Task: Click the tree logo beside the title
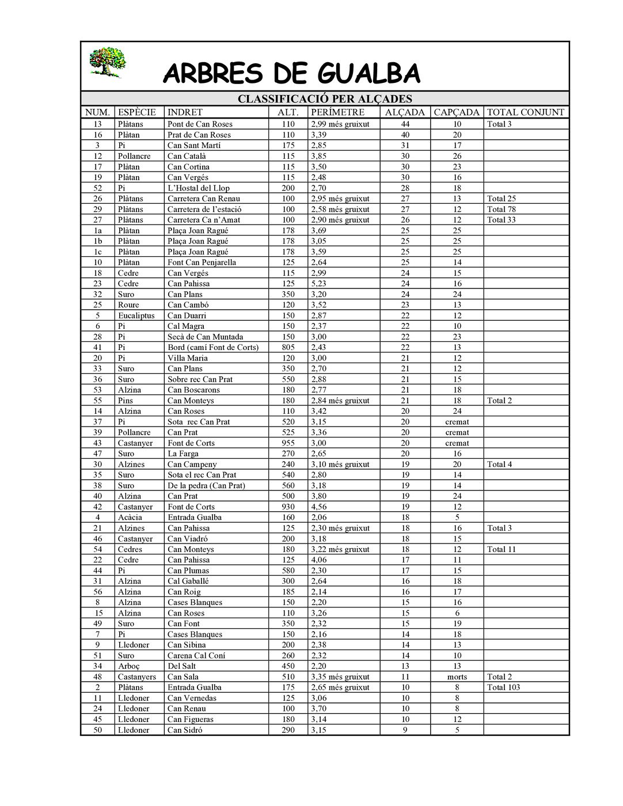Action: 108,62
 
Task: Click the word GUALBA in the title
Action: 369,74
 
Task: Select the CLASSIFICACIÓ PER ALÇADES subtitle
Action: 325,99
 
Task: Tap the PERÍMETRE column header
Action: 337,112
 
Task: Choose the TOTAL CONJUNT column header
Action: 526,112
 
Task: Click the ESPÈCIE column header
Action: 136,112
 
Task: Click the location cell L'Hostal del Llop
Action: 198,188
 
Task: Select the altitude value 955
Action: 288,443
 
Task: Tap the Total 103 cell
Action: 504,687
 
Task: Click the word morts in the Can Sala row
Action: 457,677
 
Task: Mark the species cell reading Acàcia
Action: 130,518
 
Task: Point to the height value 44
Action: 405,124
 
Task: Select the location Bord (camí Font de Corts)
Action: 213,347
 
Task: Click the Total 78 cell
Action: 502,210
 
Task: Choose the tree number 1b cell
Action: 98,241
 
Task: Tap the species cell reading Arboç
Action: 129,666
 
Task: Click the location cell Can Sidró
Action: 185,730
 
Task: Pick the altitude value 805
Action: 288,347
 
